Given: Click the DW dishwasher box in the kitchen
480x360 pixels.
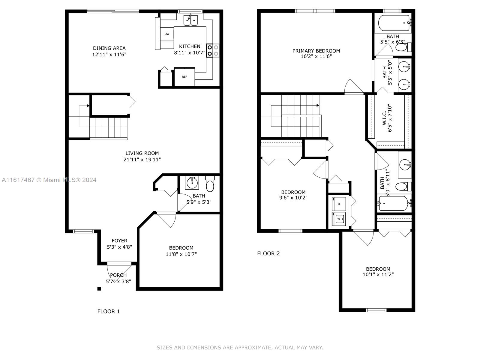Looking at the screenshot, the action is tap(167, 34).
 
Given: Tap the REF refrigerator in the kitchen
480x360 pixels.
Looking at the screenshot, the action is tap(184, 77).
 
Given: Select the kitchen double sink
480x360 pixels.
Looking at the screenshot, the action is tap(190, 20).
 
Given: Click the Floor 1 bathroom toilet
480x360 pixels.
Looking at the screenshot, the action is tap(210, 184).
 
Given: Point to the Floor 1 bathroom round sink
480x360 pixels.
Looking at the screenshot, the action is tap(192, 182).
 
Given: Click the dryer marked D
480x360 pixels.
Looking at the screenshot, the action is tap(339, 204).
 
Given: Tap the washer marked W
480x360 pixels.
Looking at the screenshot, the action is tap(339, 219).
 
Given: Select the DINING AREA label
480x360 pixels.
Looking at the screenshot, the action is tap(109, 48).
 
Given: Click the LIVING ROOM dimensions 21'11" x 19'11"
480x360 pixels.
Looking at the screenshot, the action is tap(142, 160).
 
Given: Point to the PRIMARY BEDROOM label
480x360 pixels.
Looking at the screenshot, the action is tap(316, 51).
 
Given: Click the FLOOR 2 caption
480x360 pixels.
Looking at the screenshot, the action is tap(268, 253).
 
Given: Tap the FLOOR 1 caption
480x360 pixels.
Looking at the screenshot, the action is tap(109, 311).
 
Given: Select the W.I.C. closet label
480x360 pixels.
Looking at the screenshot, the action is tap(384, 117).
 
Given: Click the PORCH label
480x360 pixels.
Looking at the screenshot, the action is tap(118, 275).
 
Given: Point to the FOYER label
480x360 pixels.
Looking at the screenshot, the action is tap(119, 241).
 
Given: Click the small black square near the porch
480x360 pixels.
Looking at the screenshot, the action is tap(99, 289).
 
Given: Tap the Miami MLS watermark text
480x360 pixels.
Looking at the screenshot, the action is tap(49, 180).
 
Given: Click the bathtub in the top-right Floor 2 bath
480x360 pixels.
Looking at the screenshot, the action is tap(394, 23).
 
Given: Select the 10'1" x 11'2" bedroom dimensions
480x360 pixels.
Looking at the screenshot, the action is tap(378, 274).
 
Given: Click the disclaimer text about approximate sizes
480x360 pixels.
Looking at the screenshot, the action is tap(240, 347).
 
